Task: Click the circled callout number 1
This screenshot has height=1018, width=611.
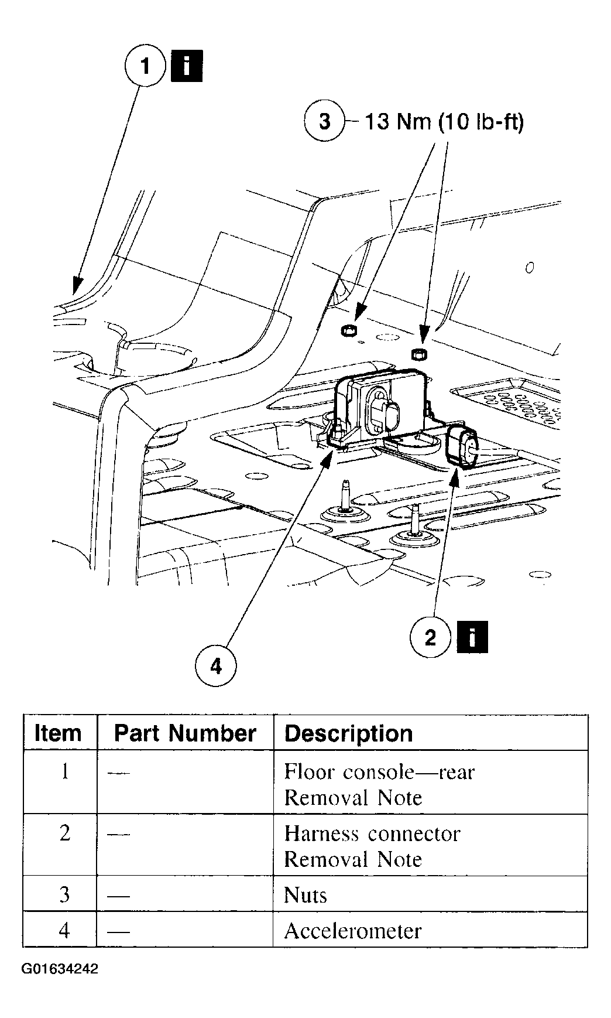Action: pyautogui.click(x=145, y=66)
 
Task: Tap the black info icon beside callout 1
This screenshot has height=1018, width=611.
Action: pyautogui.click(x=186, y=66)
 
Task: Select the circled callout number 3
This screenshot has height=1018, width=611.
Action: pyautogui.click(x=324, y=121)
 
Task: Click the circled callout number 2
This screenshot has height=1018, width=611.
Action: pyautogui.click(x=430, y=637)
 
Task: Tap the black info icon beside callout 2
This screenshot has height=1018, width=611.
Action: pyautogui.click(x=472, y=637)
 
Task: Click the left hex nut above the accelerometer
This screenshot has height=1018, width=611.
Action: pyautogui.click(x=346, y=330)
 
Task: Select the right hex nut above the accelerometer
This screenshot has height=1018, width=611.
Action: pyautogui.click(x=418, y=354)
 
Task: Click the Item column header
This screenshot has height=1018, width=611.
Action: pyautogui.click(x=58, y=733)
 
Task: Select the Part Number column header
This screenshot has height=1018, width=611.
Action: pyautogui.click(x=185, y=733)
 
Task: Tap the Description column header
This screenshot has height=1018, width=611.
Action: pyautogui.click(x=349, y=733)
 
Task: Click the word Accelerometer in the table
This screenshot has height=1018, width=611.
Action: pyautogui.click(x=352, y=931)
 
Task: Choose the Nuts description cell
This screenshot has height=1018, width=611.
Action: pyautogui.click(x=305, y=895)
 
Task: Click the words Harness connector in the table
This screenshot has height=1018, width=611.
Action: pyautogui.click(x=372, y=833)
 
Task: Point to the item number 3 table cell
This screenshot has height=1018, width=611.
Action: pyautogui.click(x=64, y=895)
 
